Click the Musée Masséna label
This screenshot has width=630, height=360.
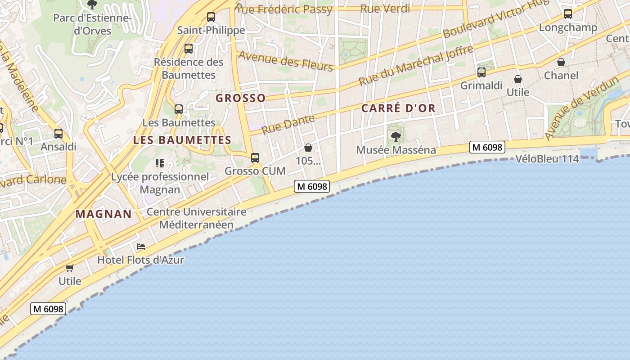396,150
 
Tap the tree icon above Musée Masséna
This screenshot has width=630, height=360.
396,136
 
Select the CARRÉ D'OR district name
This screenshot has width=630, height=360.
398,108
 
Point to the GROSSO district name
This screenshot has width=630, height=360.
240,98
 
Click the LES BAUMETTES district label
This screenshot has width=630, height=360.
182,140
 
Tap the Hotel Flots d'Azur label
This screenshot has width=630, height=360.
141,260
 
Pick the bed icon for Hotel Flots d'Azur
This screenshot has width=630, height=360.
141,247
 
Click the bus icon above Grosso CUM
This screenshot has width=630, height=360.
255,157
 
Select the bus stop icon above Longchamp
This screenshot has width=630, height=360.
568,14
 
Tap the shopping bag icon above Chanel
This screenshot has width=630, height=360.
561,62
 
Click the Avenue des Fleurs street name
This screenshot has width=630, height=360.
285,61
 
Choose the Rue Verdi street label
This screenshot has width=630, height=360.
385,9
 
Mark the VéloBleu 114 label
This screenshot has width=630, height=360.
547,159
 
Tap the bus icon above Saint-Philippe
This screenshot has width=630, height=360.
211,17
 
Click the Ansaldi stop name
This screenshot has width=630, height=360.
58,147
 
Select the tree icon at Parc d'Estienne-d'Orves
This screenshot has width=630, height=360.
92,5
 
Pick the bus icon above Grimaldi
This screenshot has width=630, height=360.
481,72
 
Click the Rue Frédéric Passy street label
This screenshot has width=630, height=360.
284,9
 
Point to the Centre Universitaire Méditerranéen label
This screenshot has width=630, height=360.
197,218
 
